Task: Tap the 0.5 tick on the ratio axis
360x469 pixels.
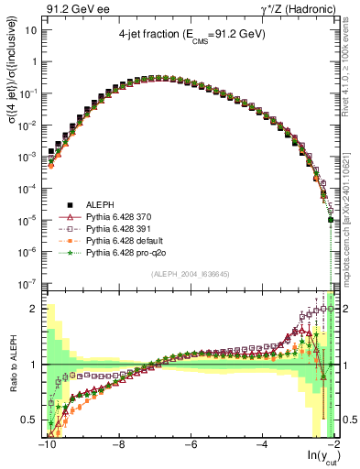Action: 30,420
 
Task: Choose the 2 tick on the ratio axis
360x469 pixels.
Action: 35,308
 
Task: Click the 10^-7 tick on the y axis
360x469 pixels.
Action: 27,283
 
